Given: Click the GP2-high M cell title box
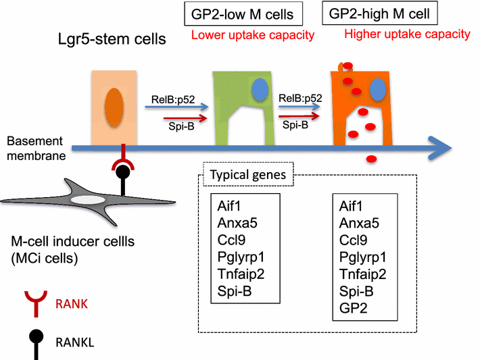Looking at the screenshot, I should (380, 14).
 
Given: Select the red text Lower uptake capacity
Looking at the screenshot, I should (252, 35).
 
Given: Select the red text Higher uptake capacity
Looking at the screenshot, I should (407, 34).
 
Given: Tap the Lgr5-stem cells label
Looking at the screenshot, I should (112, 40).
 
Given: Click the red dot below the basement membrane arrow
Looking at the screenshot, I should (371, 159).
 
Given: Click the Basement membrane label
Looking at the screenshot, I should (34, 148).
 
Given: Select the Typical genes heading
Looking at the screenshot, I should (248, 175).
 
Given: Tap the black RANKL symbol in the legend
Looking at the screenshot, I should (32, 336).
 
